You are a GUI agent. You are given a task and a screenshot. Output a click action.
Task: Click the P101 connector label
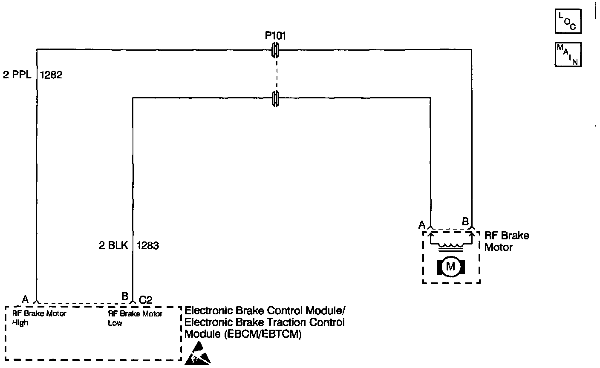pos(275,35)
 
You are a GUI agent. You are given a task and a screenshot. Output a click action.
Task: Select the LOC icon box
pos(568,22)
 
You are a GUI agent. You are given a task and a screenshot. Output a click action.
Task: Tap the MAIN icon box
pos(568,55)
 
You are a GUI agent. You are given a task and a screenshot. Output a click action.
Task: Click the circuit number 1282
pos(51,75)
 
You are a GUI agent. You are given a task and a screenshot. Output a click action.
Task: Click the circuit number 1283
pos(147,246)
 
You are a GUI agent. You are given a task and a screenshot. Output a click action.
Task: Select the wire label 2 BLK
pos(113,246)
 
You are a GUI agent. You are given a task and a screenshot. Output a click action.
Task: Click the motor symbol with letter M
pos(450,267)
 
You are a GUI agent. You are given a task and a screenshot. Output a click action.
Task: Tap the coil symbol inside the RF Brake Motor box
pos(451,245)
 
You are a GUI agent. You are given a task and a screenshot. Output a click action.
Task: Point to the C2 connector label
pos(146,300)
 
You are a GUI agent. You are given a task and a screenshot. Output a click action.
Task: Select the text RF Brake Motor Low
pos(136,318)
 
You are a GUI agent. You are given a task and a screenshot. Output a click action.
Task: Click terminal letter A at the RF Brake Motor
pos(422,224)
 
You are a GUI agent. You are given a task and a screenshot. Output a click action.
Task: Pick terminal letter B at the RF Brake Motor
pos(465,221)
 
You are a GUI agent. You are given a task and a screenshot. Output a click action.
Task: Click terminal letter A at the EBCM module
pos(25,299)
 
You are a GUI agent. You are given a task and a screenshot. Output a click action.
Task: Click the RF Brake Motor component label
pos(506,241)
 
